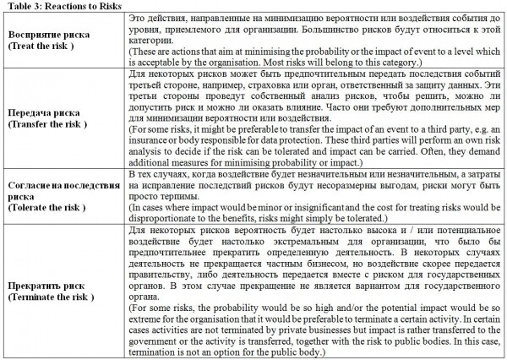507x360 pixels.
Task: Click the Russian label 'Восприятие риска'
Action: pyautogui.click(x=44, y=35)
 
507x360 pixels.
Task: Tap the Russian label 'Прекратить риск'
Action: pyautogui.click(x=43, y=285)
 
